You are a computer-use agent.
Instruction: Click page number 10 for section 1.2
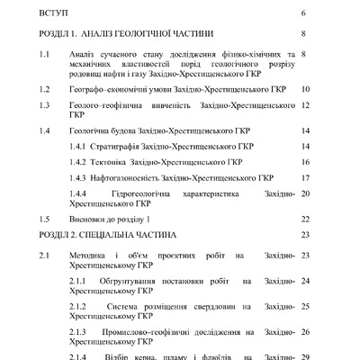coord(306,90)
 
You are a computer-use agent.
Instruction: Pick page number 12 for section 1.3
coord(306,104)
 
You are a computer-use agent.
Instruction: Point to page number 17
coord(306,177)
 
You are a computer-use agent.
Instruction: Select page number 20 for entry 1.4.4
coord(306,193)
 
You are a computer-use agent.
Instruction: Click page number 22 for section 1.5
coord(306,219)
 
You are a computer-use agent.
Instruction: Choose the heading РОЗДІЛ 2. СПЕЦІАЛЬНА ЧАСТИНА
coord(112,234)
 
